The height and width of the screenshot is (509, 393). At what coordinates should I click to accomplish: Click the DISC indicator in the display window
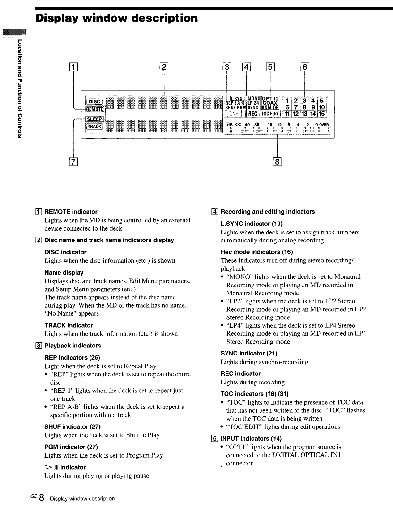(x=94, y=102)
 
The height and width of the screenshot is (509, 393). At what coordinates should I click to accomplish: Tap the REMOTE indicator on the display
(x=95, y=109)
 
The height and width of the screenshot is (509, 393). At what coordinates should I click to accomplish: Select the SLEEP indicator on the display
(x=95, y=119)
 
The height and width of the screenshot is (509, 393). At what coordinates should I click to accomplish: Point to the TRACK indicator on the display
(x=95, y=127)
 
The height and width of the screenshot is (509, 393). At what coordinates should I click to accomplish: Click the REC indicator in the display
(x=253, y=114)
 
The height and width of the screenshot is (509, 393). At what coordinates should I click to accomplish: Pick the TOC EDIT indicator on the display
(x=270, y=114)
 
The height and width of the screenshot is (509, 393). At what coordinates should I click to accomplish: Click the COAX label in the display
(x=270, y=103)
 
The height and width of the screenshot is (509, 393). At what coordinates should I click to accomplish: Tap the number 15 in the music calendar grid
(x=322, y=114)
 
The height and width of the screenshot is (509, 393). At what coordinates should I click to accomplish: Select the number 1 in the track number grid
(x=288, y=101)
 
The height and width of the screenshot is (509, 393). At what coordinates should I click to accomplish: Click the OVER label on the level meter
(x=324, y=125)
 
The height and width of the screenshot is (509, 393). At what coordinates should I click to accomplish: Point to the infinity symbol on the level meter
(x=238, y=125)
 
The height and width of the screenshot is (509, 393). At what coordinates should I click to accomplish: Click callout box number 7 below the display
(x=74, y=162)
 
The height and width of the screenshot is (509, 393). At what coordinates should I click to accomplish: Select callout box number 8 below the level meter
(x=277, y=162)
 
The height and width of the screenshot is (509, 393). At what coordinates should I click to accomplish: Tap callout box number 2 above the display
(x=164, y=67)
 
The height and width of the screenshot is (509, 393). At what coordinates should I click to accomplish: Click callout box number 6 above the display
(x=304, y=67)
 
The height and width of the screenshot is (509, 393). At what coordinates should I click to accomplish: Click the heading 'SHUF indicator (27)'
(x=72, y=427)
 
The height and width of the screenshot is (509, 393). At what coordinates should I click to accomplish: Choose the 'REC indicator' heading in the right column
(x=241, y=374)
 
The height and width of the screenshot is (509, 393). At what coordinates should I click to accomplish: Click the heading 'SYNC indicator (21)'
(x=249, y=354)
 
